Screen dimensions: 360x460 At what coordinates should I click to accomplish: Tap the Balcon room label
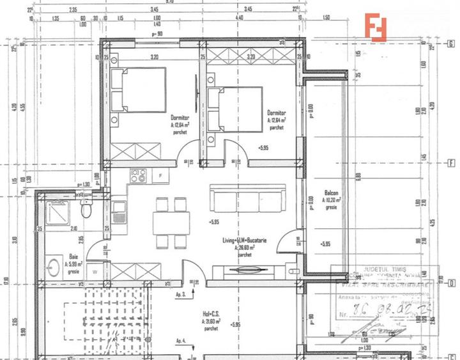[x=331, y=192]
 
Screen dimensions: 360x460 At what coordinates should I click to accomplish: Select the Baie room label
[x=74, y=256]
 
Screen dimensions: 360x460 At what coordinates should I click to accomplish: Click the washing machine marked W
[x=95, y=271]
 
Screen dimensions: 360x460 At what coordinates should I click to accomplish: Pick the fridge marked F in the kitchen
[x=160, y=175]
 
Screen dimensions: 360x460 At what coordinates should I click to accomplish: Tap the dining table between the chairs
[x=171, y=223]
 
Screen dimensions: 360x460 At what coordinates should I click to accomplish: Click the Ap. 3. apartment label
[x=180, y=295]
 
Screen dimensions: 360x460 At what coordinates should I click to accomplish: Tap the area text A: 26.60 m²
[x=245, y=247]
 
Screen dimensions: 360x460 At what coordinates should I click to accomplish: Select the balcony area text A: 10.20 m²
[x=331, y=200]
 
